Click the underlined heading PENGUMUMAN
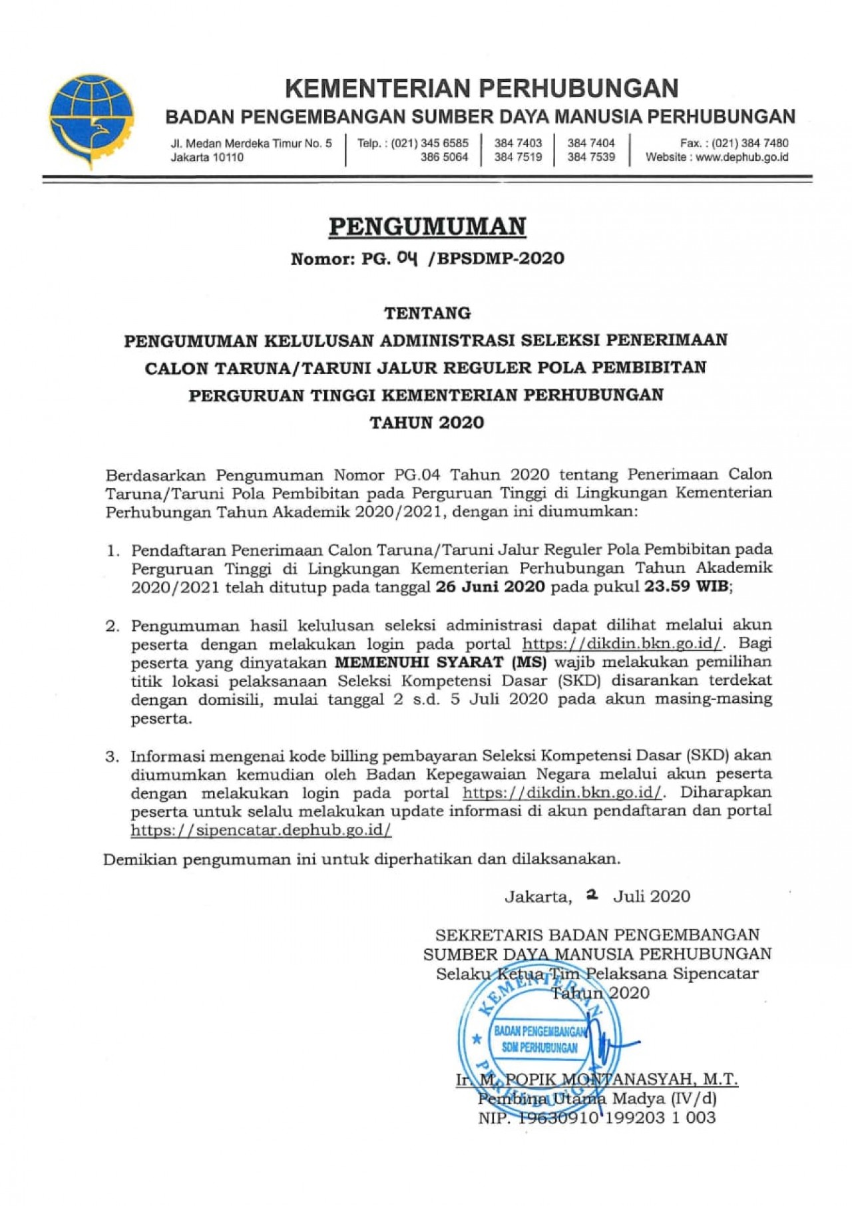click(x=427, y=227)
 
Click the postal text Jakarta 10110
click(x=207, y=158)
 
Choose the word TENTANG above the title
click(x=427, y=313)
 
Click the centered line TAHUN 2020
click(x=427, y=423)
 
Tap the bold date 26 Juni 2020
click(x=490, y=587)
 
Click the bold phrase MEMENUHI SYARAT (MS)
click(x=440, y=662)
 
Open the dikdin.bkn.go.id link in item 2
click(x=622, y=644)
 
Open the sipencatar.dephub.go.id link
click(x=261, y=830)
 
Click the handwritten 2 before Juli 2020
click(x=591, y=895)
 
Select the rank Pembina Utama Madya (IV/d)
click(x=597, y=1099)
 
